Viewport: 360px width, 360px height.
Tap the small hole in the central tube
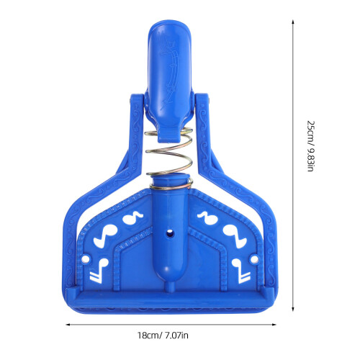point(170,233)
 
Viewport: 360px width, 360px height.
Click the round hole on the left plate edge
point(85,259)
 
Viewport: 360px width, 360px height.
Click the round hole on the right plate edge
point(254,259)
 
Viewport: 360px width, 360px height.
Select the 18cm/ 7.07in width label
point(163,336)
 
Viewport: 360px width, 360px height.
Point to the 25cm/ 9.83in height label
point(311,146)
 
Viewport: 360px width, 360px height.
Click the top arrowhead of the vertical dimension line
point(293,22)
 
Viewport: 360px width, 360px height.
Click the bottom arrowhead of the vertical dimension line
point(293,309)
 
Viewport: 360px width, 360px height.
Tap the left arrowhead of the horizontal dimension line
point(68,325)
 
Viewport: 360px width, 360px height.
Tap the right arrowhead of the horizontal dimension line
point(274,325)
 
